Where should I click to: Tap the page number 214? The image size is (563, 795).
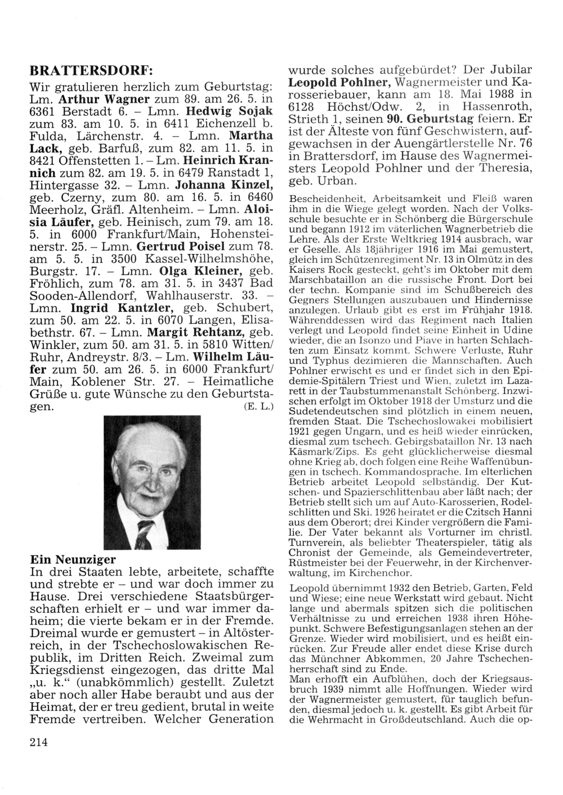pos(38,742)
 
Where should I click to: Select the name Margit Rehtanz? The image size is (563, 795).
pos(202,333)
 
